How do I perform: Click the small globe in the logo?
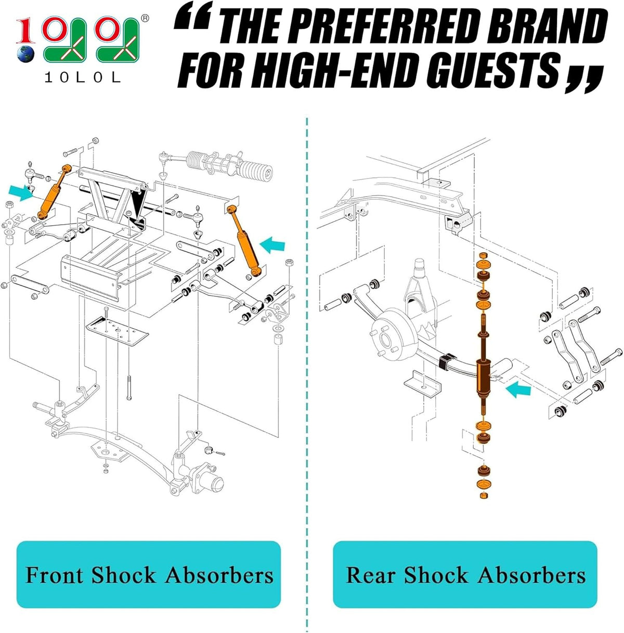25,54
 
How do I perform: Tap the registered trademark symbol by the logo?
145,18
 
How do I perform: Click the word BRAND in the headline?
548,27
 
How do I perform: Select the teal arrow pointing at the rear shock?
518,390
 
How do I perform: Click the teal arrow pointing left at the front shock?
272,245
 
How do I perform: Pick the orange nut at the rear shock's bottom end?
483,496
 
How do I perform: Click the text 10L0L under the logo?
82,77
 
